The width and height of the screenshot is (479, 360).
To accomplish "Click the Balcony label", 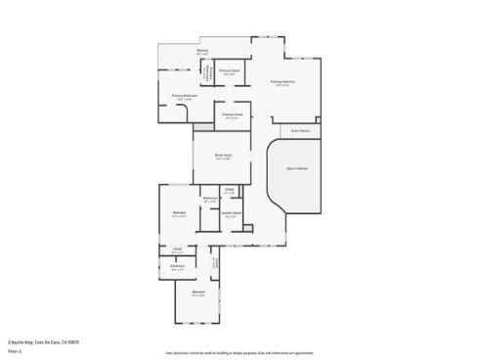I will click(x=202, y=51).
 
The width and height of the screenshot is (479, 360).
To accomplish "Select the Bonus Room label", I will click(x=223, y=156).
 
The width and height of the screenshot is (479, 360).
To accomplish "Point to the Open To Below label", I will click(x=297, y=168).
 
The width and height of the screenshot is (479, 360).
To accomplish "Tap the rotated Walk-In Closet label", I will click(x=214, y=263).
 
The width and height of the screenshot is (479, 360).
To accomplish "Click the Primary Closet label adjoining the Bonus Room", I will click(x=232, y=114).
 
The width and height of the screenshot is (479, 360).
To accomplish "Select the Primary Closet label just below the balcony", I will click(x=229, y=71).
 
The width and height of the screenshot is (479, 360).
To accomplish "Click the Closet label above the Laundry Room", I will click(x=229, y=191).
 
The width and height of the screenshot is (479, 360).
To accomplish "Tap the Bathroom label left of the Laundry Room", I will click(x=209, y=199).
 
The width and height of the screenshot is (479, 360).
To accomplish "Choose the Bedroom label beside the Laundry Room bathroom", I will click(x=179, y=213).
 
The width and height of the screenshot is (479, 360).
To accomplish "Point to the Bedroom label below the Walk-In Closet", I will click(x=198, y=293).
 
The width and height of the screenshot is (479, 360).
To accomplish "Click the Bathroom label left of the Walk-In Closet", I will click(x=178, y=266).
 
